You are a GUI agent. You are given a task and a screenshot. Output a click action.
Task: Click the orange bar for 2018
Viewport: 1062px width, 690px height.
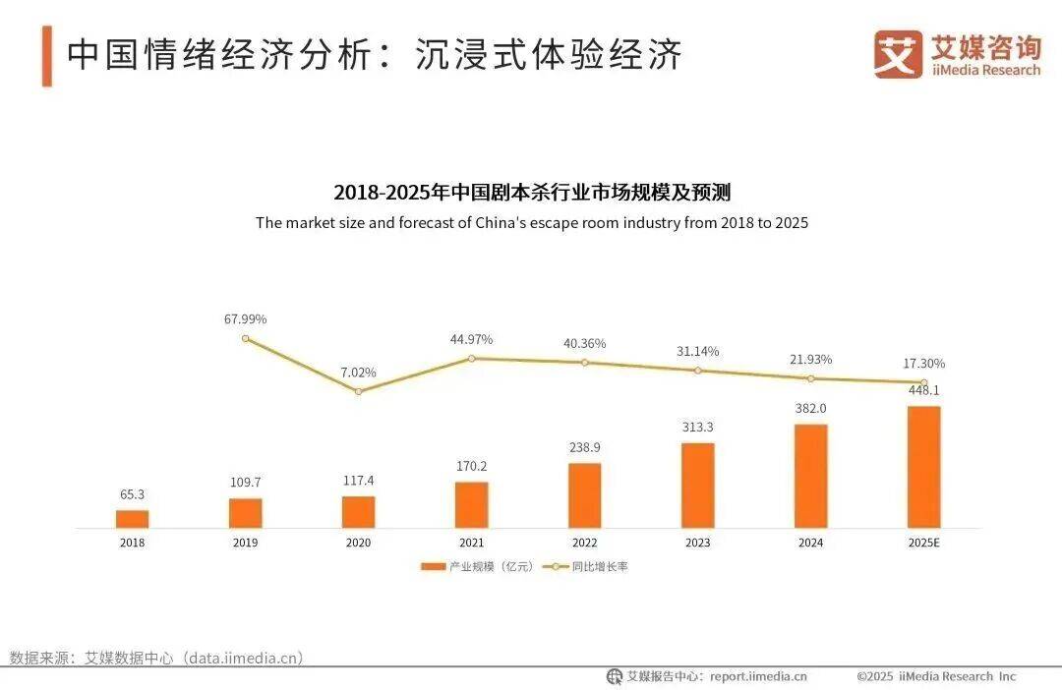pyautogui.click(x=132, y=519)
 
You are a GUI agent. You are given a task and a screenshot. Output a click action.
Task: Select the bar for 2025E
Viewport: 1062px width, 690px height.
pyautogui.click(x=923, y=467)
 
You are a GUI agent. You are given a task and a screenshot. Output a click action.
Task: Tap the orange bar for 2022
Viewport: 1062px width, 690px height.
pyautogui.click(x=584, y=495)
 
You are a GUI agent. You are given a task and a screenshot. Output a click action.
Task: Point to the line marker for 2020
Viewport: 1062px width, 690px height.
pyautogui.click(x=358, y=391)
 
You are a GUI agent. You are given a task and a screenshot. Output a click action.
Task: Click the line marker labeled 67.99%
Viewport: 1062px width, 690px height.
pyautogui.click(x=245, y=338)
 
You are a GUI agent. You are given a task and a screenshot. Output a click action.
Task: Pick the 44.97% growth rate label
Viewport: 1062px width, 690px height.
pyautogui.click(x=471, y=339)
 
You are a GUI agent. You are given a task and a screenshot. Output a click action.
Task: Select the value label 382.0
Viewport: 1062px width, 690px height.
pyautogui.click(x=810, y=409)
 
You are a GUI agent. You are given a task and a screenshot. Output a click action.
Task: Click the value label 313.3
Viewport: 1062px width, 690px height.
pyautogui.click(x=697, y=428)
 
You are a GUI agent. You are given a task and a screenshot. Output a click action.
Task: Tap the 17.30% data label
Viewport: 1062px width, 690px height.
pyautogui.click(x=923, y=364)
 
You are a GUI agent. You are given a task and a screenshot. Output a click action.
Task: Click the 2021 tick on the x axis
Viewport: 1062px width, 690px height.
pyautogui.click(x=471, y=542)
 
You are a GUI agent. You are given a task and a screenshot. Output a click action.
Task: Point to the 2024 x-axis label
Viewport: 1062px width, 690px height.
pyautogui.click(x=810, y=542)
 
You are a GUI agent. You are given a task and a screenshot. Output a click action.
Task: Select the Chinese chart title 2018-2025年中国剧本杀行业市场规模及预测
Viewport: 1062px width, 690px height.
pyautogui.click(x=531, y=191)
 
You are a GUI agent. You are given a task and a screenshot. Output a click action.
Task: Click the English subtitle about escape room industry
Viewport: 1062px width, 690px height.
pyautogui.click(x=531, y=222)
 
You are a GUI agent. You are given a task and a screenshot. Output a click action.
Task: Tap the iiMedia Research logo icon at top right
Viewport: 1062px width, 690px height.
pyautogui.click(x=898, y=54)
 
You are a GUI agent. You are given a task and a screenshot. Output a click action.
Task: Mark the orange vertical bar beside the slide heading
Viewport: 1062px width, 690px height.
pyautogui.click(x=46, y=56)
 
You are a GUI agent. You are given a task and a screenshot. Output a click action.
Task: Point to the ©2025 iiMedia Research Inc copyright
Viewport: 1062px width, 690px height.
pyautogui.click(x=935, y=676)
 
